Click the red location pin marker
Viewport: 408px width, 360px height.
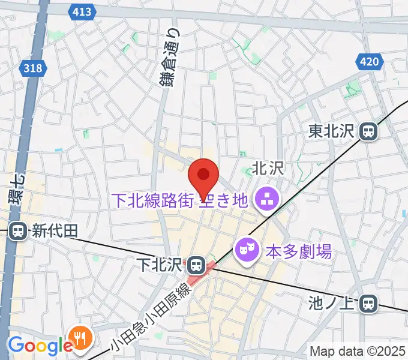[x=203, y=176]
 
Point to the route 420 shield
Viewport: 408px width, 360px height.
[x=370, y=61]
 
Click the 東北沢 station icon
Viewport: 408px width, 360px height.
[x=368, y=131]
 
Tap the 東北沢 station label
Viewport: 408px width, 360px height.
[x=332, y=131]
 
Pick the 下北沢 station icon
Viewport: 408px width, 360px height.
[x=194, y=264]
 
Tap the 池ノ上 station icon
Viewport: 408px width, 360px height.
[x=368, y=304]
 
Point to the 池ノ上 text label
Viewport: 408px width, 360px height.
[x=332, y=304]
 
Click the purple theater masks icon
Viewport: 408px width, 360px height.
[x=245, y=248]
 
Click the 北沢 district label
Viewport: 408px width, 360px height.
[x=268, y=170]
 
